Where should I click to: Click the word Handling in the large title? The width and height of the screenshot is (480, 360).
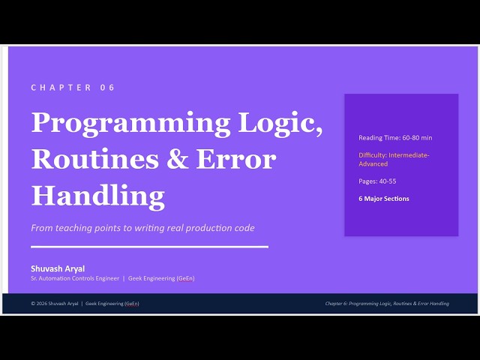pyautogui.click(x=97, y=195)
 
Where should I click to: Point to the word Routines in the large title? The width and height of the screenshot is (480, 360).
pyautogui.click(x=96, y=159)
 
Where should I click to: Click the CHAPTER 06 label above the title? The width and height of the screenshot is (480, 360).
pyautogui.click(x=73, y=88)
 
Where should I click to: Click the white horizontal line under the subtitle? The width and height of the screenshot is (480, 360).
pyautogui.click(x=149, y=246)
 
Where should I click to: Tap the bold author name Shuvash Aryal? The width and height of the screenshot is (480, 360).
pyautogui.click(x=58, y=268)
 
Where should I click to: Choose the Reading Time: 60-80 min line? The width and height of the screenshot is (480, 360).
pyautogui.click(x=395, y=138)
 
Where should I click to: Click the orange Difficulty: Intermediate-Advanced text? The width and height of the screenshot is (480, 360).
pyautogui.click(x=393, y=159)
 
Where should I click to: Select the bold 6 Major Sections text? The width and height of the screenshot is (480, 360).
pyautogui.click(x=384, y=199)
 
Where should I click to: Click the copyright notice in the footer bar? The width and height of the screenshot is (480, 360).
pyautogui.click(x=85, y=304)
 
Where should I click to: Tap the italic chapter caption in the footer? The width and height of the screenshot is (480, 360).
pyautogui.click(x=387, y=304)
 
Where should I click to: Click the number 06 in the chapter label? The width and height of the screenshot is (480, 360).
pyautogui.click(x=107, y=88)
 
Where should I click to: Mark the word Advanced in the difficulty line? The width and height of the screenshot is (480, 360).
pyautogui.click(x=373, y=163)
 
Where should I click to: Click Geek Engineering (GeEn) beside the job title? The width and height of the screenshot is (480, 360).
pyautogui.click(x=161, y=278)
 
